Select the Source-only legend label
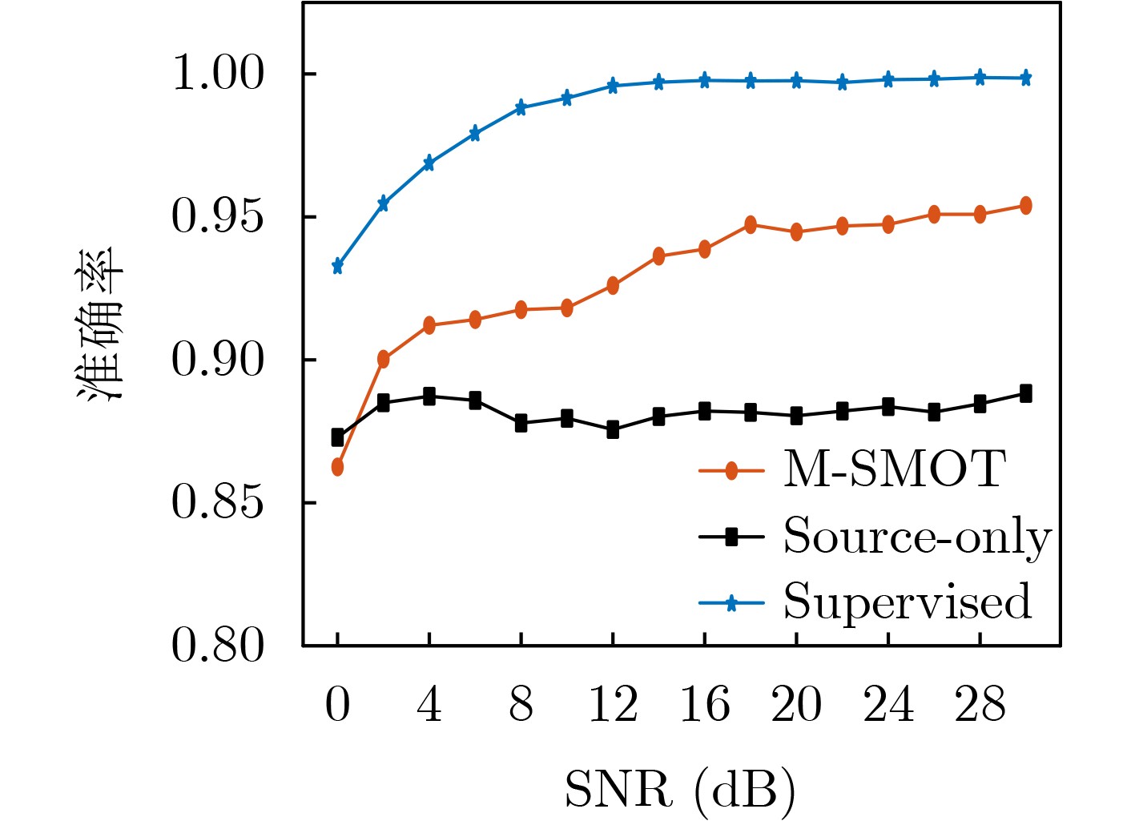916,537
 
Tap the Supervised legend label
907,602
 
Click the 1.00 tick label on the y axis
218,74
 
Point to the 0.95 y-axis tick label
218,217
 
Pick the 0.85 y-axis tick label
218,503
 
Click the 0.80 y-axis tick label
218,646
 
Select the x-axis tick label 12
613,706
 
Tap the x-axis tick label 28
980,706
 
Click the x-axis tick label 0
337,706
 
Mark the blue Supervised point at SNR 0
337,266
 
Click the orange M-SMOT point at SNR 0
337,467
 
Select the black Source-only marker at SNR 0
337,437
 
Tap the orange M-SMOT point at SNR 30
1025,206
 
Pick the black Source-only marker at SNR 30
1025,393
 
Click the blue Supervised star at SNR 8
521,107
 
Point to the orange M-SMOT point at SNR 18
751,225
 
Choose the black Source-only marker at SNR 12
613,430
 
